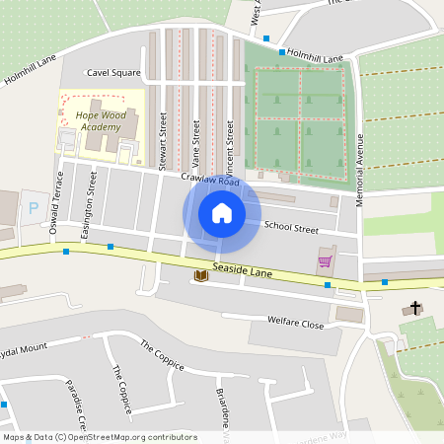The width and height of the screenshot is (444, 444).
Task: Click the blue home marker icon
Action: (222, 212)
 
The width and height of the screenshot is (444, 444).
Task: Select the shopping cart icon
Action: (324, 261)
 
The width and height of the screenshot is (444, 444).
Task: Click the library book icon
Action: (201, 275)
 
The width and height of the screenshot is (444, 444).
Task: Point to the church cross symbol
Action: (415, 309)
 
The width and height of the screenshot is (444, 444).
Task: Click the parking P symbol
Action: (33, 208)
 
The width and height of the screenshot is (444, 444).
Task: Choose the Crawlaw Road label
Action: (210, 182)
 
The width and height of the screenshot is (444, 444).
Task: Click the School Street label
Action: (291, 229)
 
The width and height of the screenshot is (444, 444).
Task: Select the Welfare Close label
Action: (296, 322)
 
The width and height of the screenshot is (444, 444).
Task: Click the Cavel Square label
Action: (113, 73)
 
